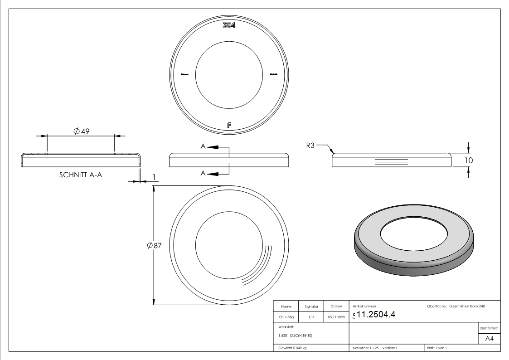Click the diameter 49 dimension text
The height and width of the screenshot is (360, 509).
(81, 131)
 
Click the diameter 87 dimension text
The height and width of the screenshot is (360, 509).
(155, 245)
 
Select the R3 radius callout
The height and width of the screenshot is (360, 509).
(310, 146)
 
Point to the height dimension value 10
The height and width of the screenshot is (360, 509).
(469, 161)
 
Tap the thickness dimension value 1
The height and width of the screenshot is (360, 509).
(155, 177)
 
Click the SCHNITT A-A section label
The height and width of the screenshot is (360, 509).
(81, 175)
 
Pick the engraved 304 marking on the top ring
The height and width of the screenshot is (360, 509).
(229, 25)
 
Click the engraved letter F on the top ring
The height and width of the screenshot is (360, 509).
(229, 125)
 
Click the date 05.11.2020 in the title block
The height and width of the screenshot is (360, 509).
(336, 317)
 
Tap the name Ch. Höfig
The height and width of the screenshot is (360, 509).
(286, 317)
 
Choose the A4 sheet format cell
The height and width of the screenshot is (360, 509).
(489, 338)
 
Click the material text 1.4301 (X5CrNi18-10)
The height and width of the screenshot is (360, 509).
(296, 336)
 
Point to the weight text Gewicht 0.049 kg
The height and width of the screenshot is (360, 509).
(292, 348)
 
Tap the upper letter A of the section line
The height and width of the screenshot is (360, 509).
(204, 146)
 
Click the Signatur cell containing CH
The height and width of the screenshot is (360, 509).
(311, 317)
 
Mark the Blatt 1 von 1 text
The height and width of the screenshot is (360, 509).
(437, 348)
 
